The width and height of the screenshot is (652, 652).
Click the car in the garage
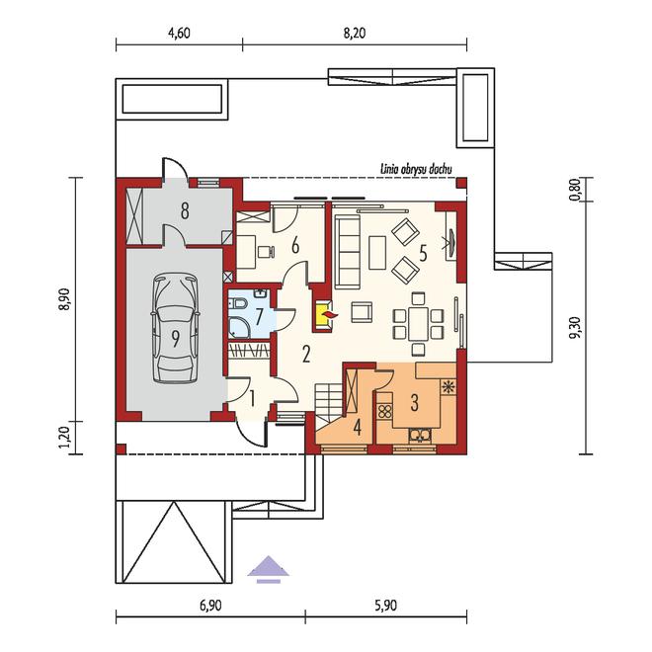click(176, 328)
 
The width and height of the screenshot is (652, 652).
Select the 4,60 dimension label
click(179, 33)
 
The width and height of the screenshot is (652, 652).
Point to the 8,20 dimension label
click(355, 33)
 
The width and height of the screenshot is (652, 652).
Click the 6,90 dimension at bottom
click(210, 606)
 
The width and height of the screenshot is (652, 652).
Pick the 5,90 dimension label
click(385, 606)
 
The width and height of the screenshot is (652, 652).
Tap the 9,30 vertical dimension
click(576, 328)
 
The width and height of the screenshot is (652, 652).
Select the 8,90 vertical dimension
click(66, 299)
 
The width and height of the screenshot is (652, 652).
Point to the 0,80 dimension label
click(576, 190)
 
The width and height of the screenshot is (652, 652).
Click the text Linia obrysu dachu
click(416, 169)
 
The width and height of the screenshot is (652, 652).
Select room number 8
click(185, 210)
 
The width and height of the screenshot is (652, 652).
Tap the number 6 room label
click(295, 246)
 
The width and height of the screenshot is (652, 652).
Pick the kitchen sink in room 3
click(420, 435)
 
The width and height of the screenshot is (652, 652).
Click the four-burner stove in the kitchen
click(385, 412)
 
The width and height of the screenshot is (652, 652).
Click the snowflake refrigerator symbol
click(448, 386)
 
